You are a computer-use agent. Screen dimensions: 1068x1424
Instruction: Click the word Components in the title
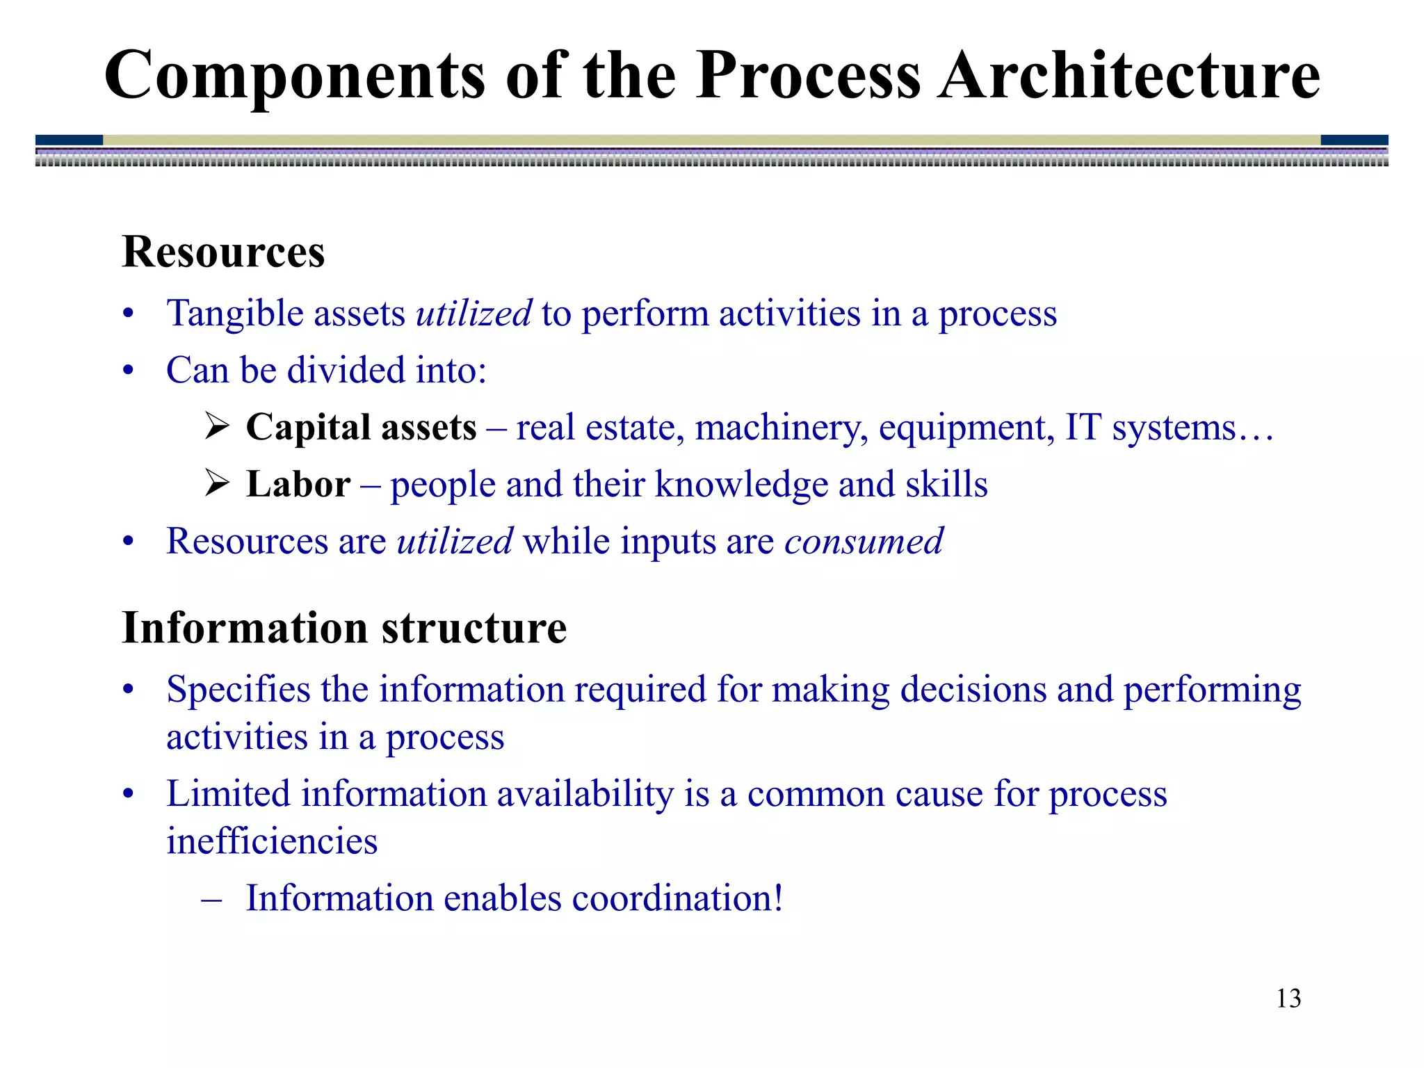click(x=294, y=75)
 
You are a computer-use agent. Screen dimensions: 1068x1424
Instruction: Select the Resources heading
click(x=223, y=252)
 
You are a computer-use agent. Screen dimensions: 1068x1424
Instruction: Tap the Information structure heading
click(x=344, y=628)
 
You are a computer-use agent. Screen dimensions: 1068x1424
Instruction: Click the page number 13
click(x=1288, y=998)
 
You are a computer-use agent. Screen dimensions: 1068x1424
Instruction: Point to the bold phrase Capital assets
click(x=361, y=427)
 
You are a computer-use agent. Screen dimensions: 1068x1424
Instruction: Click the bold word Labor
click(x=298, y=484)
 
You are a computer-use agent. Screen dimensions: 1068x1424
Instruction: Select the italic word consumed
click(x=864, y=541)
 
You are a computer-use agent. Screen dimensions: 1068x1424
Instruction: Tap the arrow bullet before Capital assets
click(x=218, y=426)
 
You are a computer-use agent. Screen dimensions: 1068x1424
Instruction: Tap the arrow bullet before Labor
click(x=218, y=483)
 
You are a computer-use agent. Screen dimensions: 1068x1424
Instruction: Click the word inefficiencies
click(x=272, y=841)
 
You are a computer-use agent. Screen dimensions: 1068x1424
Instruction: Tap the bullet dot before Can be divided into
click(x=128, y=371)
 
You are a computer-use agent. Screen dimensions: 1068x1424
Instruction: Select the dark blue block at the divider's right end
click(x=1354, y=140)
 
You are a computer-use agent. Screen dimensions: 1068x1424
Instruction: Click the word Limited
click(x=229, y=794)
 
